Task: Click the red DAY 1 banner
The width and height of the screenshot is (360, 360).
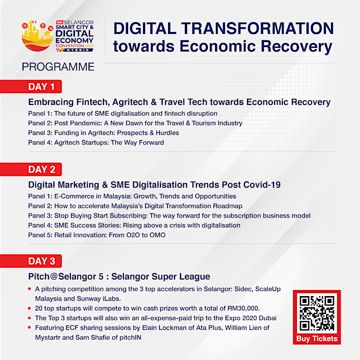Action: point(31,86)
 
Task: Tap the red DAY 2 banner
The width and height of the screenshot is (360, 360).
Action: point(31,169)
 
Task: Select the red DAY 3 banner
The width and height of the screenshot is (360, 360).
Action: point(31,261)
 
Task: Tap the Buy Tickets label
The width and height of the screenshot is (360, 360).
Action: point(317,338)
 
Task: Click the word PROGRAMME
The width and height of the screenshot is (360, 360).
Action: point(58,67)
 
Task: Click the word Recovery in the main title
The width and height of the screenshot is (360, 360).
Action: point(296,46)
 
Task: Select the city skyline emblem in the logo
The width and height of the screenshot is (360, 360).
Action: point(37,35)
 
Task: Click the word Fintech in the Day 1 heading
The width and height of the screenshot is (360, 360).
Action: point(93,102)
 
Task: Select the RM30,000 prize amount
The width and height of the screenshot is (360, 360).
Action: point(243,308)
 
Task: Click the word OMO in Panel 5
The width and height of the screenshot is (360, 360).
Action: point(157,235)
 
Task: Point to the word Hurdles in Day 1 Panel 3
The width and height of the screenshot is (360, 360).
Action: point(167,133)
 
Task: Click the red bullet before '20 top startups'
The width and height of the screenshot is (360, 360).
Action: point(29,308)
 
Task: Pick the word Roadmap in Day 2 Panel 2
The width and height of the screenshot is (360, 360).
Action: point(227,206)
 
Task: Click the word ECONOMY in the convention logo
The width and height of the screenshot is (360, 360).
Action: point(74,40)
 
